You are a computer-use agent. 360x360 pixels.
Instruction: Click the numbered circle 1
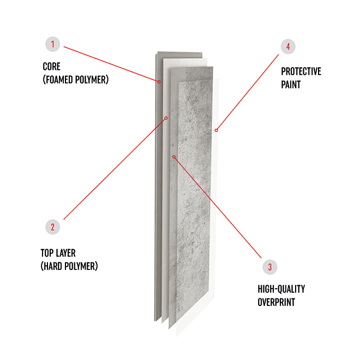pos(52,44)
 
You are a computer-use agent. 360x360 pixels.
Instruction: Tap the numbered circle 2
pos(52,227)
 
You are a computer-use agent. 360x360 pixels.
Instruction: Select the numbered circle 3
pos(270,267)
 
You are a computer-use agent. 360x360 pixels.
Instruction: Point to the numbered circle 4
pos(288,46)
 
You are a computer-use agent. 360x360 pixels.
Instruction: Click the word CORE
pos(52,67)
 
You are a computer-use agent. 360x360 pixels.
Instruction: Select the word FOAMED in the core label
pos(59,80)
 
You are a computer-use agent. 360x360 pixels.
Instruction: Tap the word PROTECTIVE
pos(301,71)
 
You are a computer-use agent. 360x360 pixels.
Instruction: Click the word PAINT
pos(291,85)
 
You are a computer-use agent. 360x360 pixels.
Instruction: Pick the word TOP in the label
pos(47,253)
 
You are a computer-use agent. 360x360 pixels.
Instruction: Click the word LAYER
pos(65,253)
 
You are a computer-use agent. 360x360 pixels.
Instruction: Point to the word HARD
pos(53,266)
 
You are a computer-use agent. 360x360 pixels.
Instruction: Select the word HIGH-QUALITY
pos(281,289)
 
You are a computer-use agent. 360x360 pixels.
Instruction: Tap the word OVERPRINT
pos(276,302)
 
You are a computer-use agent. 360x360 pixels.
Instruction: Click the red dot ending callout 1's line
pos(159,82)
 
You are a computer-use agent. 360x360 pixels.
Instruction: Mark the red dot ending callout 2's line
pos(166,118)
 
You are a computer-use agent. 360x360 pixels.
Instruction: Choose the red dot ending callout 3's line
pos(174,157)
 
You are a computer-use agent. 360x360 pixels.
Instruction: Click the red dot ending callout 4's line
pos(216,130)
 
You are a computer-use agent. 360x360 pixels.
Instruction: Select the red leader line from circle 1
pos(111,64)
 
